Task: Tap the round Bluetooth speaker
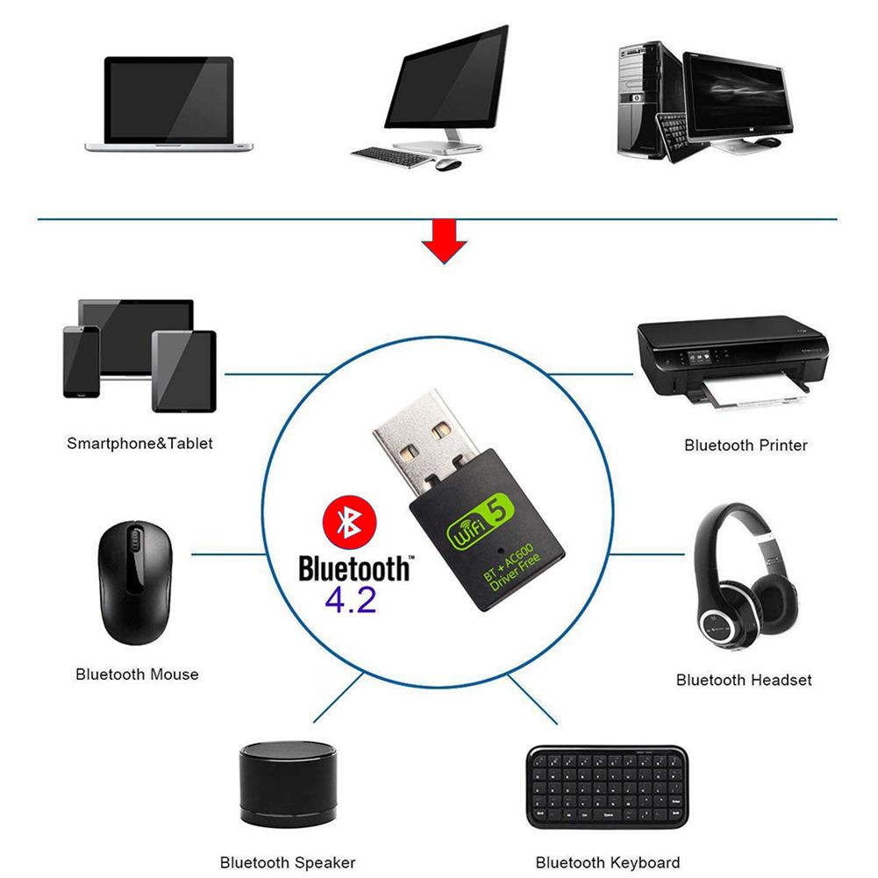[x=288, y=784]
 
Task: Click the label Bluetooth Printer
[x=746, y=446]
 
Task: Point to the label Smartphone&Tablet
[x=139, y=443]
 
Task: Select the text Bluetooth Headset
[x=744, y=680]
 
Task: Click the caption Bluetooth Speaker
[x=287, y=862]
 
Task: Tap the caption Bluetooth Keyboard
[x=607, y=862]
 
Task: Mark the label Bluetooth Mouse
[x=137, y=675]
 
